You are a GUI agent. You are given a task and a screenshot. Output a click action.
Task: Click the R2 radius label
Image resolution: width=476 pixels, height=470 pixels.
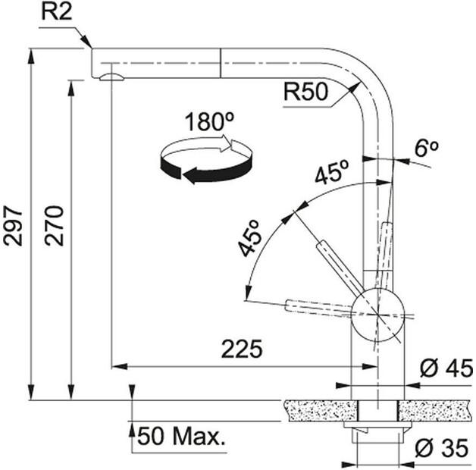pyautogui.click(x=57, y=12)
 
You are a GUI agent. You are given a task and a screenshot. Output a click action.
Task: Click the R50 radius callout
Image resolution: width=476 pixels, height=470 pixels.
pyautogui.click(x=305, y=92)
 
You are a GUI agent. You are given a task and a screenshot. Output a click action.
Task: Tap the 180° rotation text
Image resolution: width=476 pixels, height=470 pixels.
pyautogui.click(x=209, y=121)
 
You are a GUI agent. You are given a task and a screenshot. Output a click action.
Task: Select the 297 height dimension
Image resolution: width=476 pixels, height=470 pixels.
pyautogui.click(x=13, y=226)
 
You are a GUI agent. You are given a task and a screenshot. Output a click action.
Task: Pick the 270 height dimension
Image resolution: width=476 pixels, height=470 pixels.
pyautogui.click(x=54, y=226)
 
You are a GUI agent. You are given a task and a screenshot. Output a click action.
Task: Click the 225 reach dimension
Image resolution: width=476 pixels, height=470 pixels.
pyautogui.click(x=242, y=349)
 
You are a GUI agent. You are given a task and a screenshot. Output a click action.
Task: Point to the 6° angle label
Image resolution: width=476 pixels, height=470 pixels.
pyautogui.click(x=427, y=148)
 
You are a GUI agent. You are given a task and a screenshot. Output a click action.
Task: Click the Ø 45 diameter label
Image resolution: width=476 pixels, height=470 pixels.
pyautogui.click(x=446, y=368)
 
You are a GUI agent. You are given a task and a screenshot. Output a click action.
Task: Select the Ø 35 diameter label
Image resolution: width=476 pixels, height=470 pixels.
pyautogui.click(x=442, y=448)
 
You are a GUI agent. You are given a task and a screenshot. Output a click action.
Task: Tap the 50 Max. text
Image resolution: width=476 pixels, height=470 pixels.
pyautogui.click(x=182, y=437)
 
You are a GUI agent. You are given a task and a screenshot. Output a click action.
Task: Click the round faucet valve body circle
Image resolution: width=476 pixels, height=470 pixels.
pyautogui.click(x=377, y=315)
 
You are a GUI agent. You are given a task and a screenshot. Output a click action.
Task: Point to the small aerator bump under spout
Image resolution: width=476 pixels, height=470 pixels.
pyautogui.click(x=111, y=77)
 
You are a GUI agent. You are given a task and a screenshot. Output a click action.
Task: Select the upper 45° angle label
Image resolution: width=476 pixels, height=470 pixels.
pyautogui.click(x=331, y=172)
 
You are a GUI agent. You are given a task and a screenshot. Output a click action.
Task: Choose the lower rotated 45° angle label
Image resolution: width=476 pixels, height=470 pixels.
pyautogui.click(x=250, y=239)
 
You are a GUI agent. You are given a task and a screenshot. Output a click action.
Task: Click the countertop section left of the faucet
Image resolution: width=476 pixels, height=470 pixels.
pyautogui.click(x=321, y=410)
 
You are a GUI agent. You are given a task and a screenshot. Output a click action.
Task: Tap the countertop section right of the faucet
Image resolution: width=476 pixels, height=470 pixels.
pyautogui.click(x=435, y=410)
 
